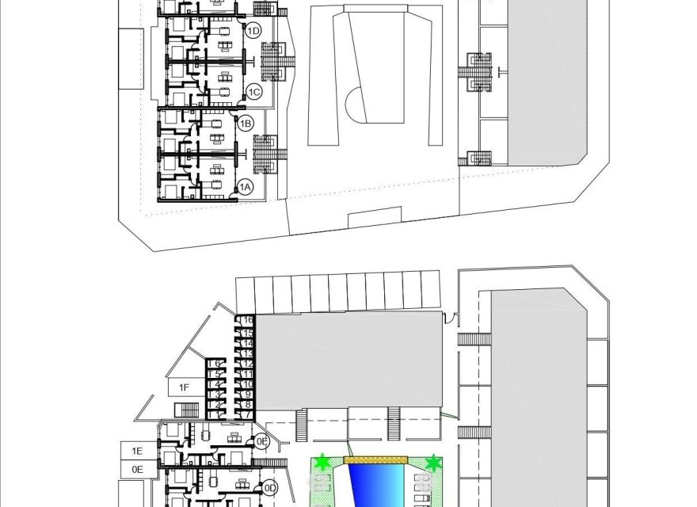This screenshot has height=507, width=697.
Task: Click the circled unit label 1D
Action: point(253,31)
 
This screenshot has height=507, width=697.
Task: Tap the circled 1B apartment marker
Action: point(246,123)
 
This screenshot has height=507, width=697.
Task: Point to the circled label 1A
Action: point(245,187)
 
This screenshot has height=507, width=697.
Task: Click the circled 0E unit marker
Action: point(262,441)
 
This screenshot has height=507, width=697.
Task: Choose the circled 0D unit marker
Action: point(269,487)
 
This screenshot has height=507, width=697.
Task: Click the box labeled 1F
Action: point(184,387)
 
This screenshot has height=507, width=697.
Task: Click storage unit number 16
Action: point(248,319)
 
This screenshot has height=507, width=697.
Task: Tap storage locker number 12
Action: point(248,363)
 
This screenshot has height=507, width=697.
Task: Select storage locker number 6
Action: point(217,363)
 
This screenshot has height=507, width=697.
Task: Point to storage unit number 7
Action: point(248,414)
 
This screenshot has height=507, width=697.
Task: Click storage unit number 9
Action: point(248,394)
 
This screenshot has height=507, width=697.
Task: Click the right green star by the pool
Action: point(432,462)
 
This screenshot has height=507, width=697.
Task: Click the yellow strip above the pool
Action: point(375,459)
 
